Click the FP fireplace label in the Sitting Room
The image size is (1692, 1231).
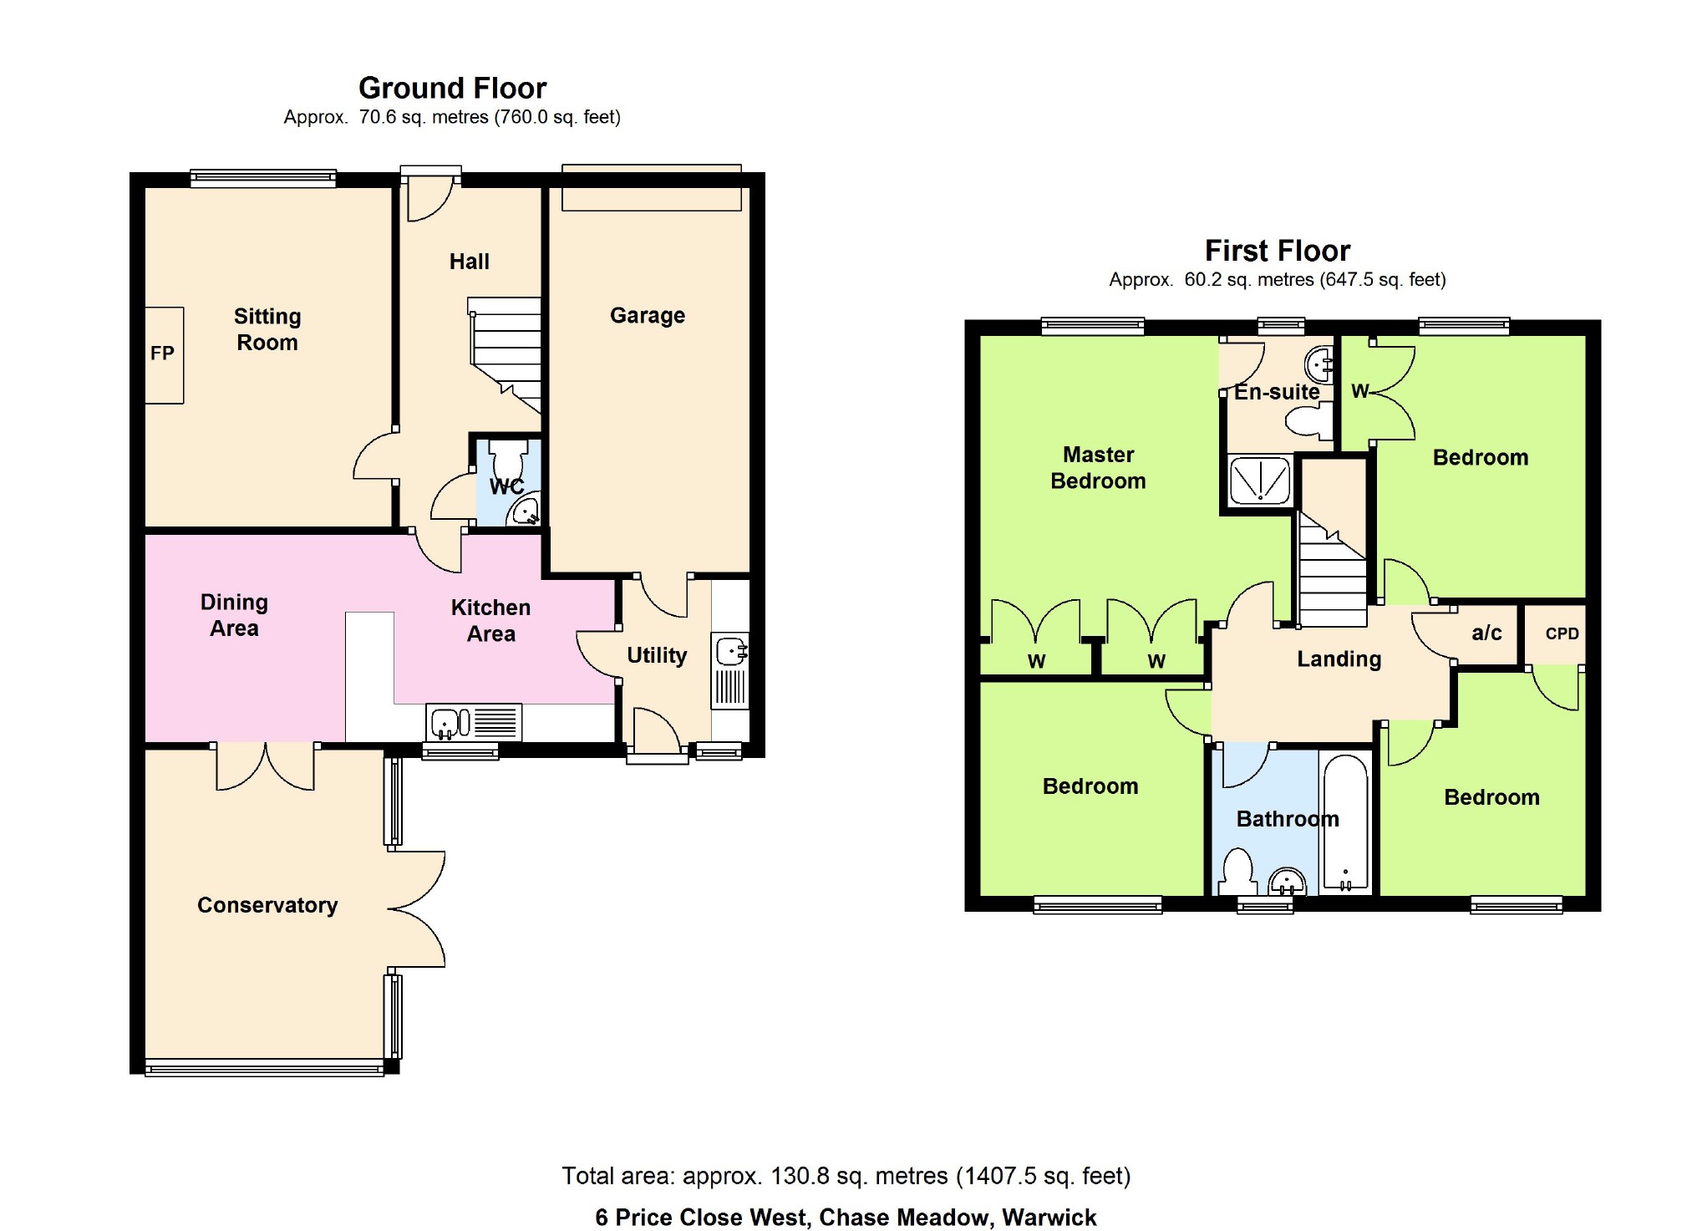(x=162, y=354)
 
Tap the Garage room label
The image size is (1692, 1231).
(x=648, y=315)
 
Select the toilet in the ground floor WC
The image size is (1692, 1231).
(x=508, y=458)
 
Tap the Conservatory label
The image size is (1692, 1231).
(x=267, y=905)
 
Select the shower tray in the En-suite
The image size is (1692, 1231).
(x=1260, y=481)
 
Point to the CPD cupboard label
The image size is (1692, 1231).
(x=1562, y=633)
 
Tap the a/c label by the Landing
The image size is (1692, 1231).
(x=1486, y=633)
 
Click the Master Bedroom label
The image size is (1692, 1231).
(x=1098, y=468)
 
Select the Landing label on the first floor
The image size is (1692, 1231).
(x=1339, y=659)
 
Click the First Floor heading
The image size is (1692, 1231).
(x=1277, y=251)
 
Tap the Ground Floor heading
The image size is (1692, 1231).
(x=452, y=88)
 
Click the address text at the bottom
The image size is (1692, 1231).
(x=846, y=1217)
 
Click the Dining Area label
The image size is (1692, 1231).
(x=234, y=615)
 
